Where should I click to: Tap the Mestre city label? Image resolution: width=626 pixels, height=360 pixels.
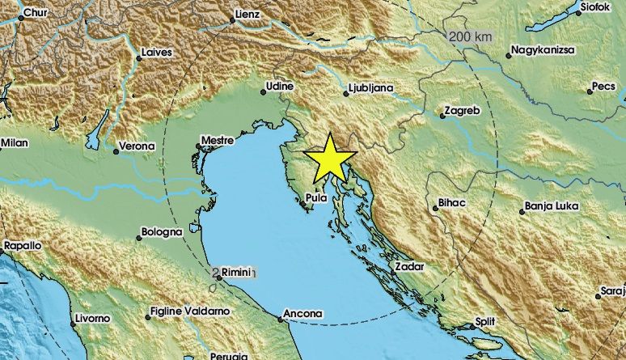(218, 139)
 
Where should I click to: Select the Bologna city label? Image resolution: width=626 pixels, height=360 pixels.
(162, 232)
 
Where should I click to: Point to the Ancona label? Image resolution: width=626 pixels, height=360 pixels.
(303, 313)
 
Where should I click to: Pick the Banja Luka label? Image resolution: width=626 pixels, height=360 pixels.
(552, 206)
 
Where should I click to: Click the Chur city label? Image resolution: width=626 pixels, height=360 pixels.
(35, 13)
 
